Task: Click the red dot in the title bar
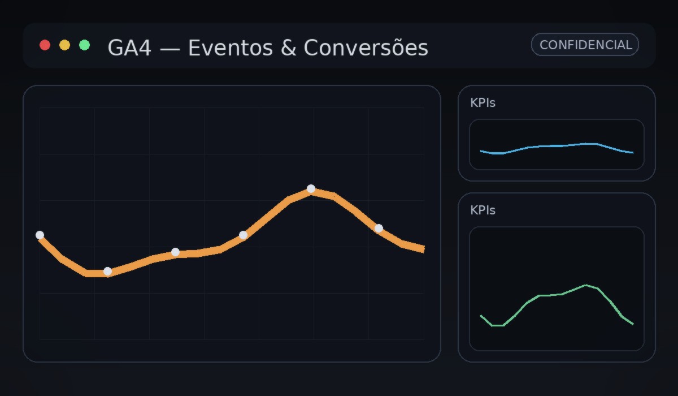tap(45, 45)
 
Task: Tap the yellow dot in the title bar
tap(65, 45)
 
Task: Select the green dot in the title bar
tap(85, 45)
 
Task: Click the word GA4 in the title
tap(129, 48)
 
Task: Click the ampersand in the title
tap(288, 48)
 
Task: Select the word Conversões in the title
tap(366, 48)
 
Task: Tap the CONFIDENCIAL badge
tap(585, 45)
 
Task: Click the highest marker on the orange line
tap(311, 188)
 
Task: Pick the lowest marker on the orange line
tap(107, 271)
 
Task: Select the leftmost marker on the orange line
tap(40, 235)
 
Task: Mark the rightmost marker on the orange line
tap(379, 228)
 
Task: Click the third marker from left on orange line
tap(175, 252)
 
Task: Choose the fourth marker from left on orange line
tap(243, 235)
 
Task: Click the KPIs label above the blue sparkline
tap(483, 103)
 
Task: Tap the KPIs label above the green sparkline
tap(483, 210)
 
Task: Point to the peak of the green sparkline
tap(586, 285)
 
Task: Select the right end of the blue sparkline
tap(633, 153)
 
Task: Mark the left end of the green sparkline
tap(481, 316)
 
